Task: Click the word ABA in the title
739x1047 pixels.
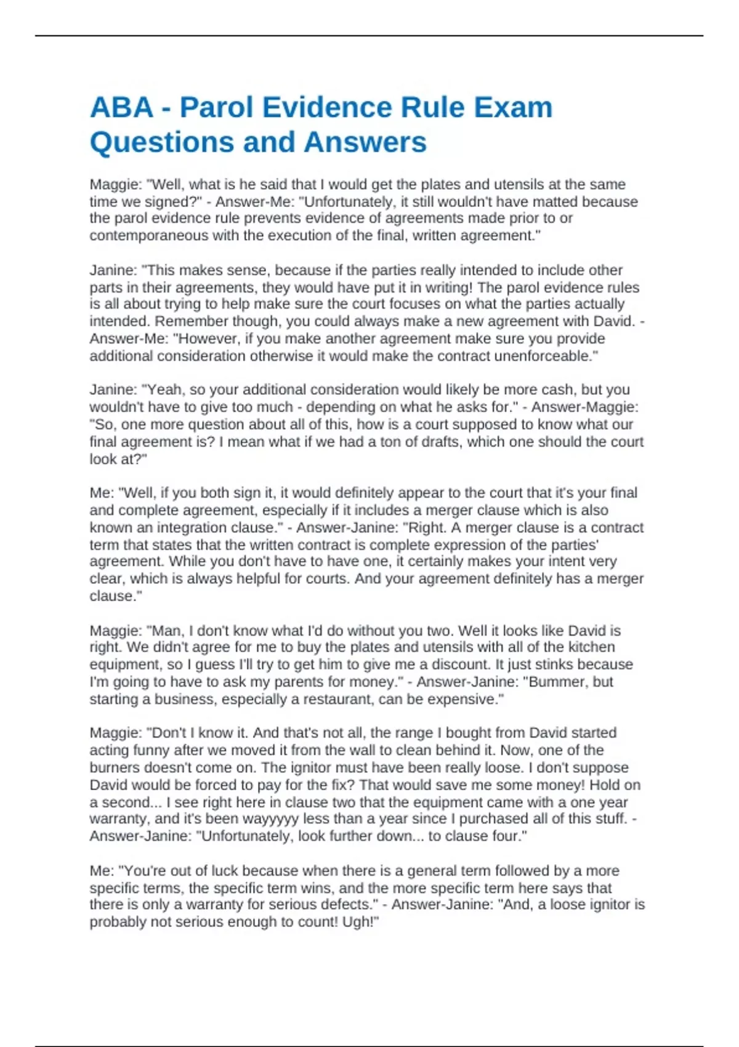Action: tap(121, 108)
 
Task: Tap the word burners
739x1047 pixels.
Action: tap(115, 768)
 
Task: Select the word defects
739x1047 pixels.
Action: tap(345, 905)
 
